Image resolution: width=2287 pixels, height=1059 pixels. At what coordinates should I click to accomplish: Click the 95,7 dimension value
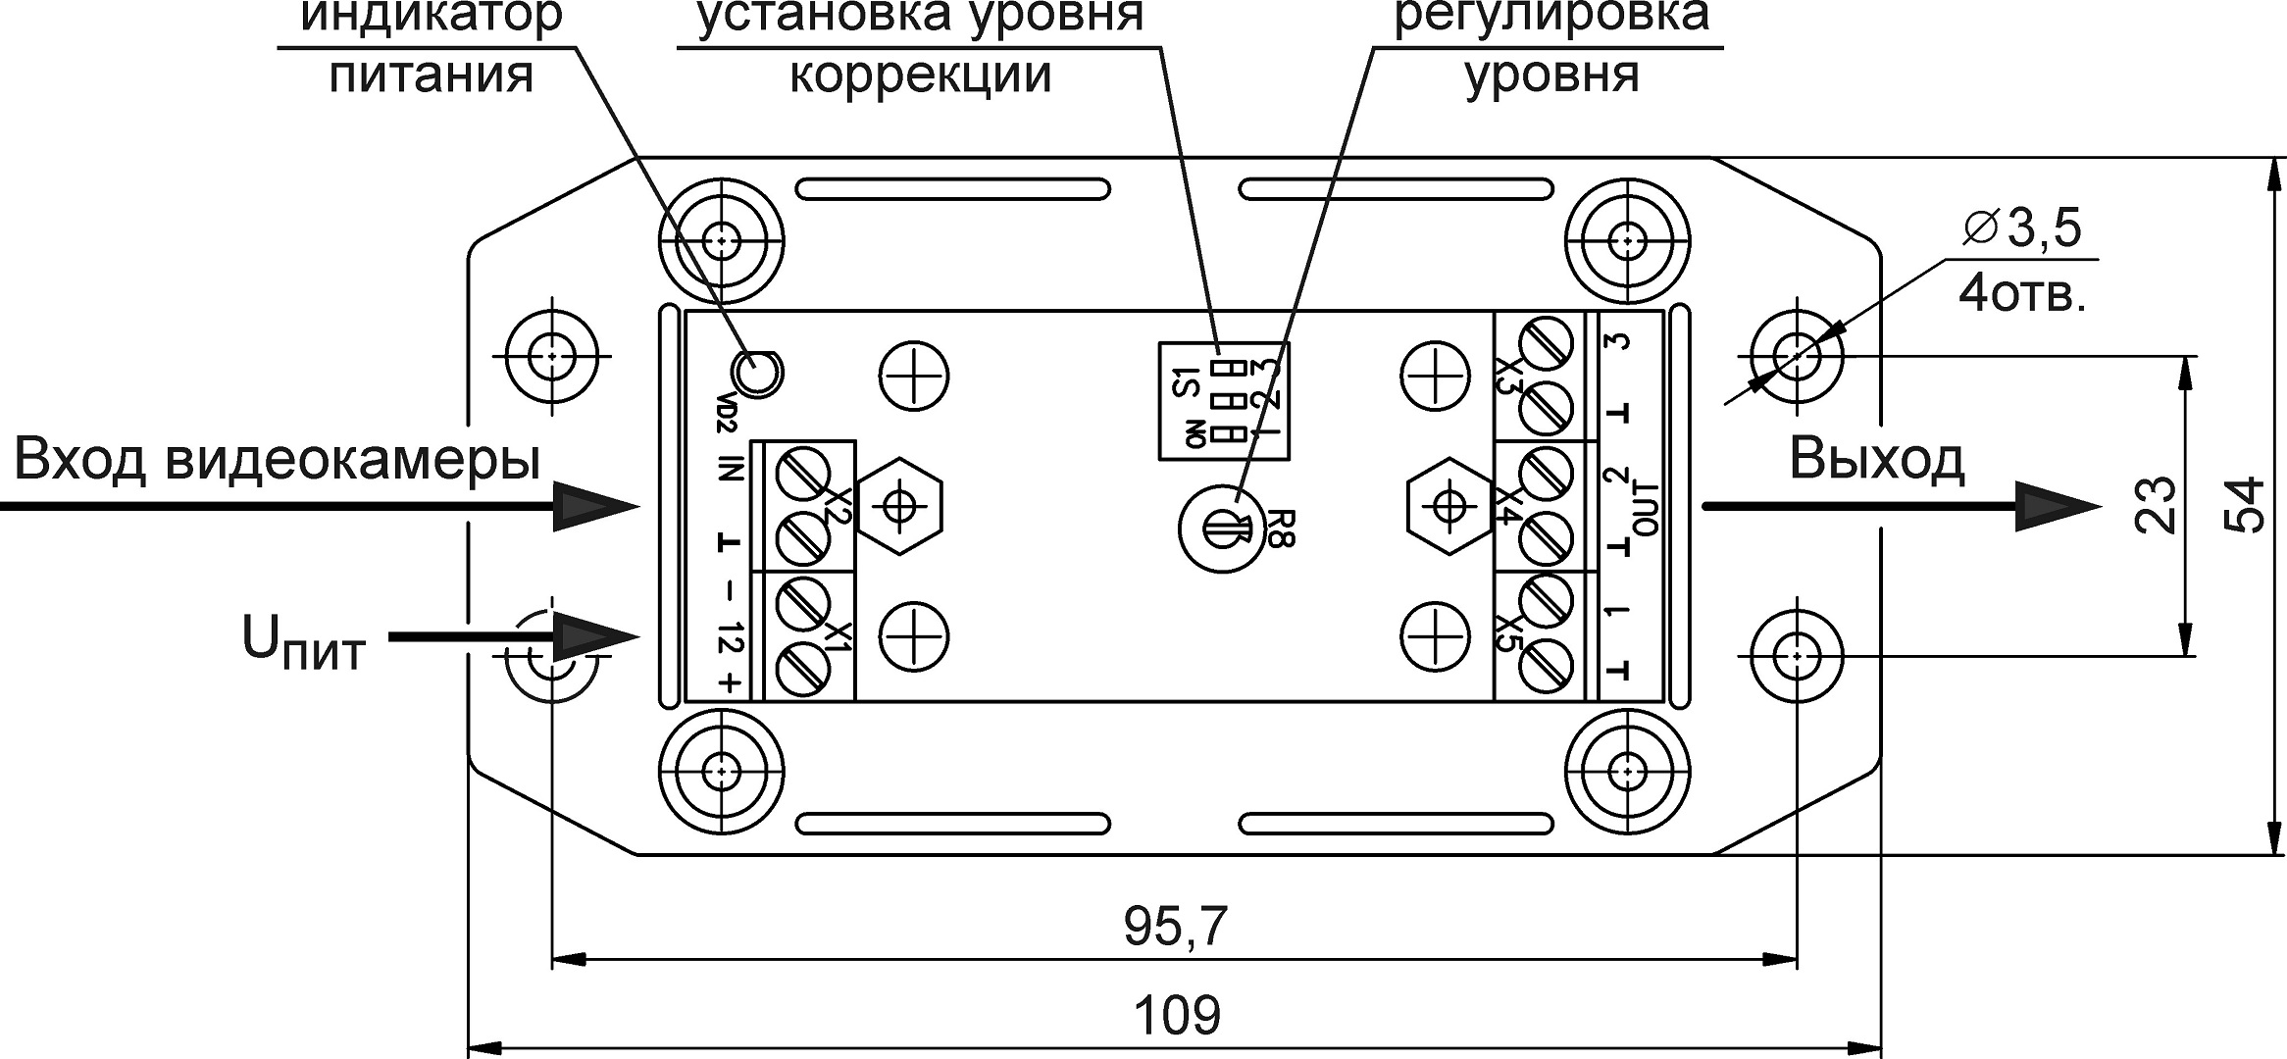coord(1175,927)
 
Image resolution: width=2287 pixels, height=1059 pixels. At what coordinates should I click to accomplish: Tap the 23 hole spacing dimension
coord(2155,504)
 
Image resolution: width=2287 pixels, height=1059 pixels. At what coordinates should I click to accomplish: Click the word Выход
coord(1876,459)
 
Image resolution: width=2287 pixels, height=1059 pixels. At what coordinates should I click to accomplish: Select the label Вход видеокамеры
coord(278,459)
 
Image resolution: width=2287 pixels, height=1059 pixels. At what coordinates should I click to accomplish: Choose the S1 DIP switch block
coord(1223,400)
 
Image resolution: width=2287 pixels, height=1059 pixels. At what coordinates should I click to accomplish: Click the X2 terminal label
coord(835,506)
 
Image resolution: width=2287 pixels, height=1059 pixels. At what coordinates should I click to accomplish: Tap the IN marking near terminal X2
coord(728,469)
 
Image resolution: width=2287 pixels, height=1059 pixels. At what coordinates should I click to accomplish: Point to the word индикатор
coord(431,16)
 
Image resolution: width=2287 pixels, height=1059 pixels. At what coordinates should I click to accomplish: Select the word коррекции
coord(920,76)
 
